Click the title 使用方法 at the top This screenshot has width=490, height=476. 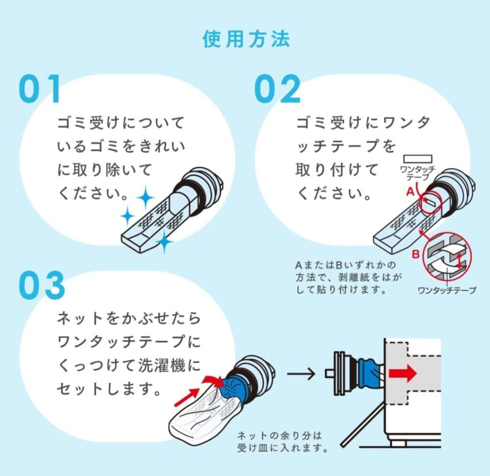pos(246,39)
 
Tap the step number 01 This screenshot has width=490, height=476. pos(39,89)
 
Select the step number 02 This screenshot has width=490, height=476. pos(277,89)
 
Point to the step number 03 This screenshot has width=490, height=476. pos(42,285)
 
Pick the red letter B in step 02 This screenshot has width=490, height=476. pos(416,254)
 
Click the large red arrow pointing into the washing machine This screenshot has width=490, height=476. pos(402,373)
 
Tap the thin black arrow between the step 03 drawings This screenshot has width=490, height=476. pos(301,373)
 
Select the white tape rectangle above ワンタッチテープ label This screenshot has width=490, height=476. pos(418,159)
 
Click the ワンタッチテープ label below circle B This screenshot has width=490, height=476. pos(447,290)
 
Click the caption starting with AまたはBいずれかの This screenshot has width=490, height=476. pos(348,277)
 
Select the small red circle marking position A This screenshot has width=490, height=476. pos(430,202)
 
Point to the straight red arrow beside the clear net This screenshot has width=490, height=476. pos(187,397)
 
